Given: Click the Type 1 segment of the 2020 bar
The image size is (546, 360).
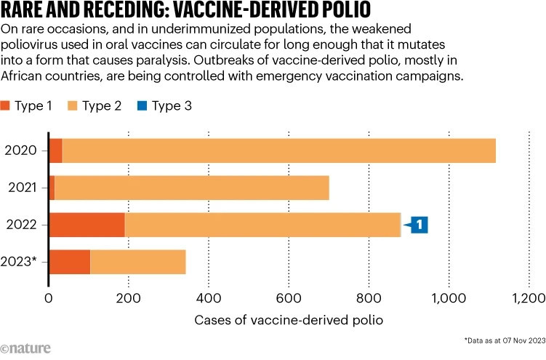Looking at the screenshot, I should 55,151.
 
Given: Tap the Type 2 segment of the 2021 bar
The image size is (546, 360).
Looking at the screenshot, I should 191,188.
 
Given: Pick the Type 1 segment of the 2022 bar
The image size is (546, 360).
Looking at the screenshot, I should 87,225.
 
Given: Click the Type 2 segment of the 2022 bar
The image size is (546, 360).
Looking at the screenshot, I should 262,225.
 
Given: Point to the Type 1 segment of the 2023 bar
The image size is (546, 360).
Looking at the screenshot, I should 69,262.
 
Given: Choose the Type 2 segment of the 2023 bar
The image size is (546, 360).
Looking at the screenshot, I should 137,262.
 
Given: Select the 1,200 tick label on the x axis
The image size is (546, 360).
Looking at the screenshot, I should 529,297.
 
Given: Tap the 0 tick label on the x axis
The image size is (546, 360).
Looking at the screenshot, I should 49,297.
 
